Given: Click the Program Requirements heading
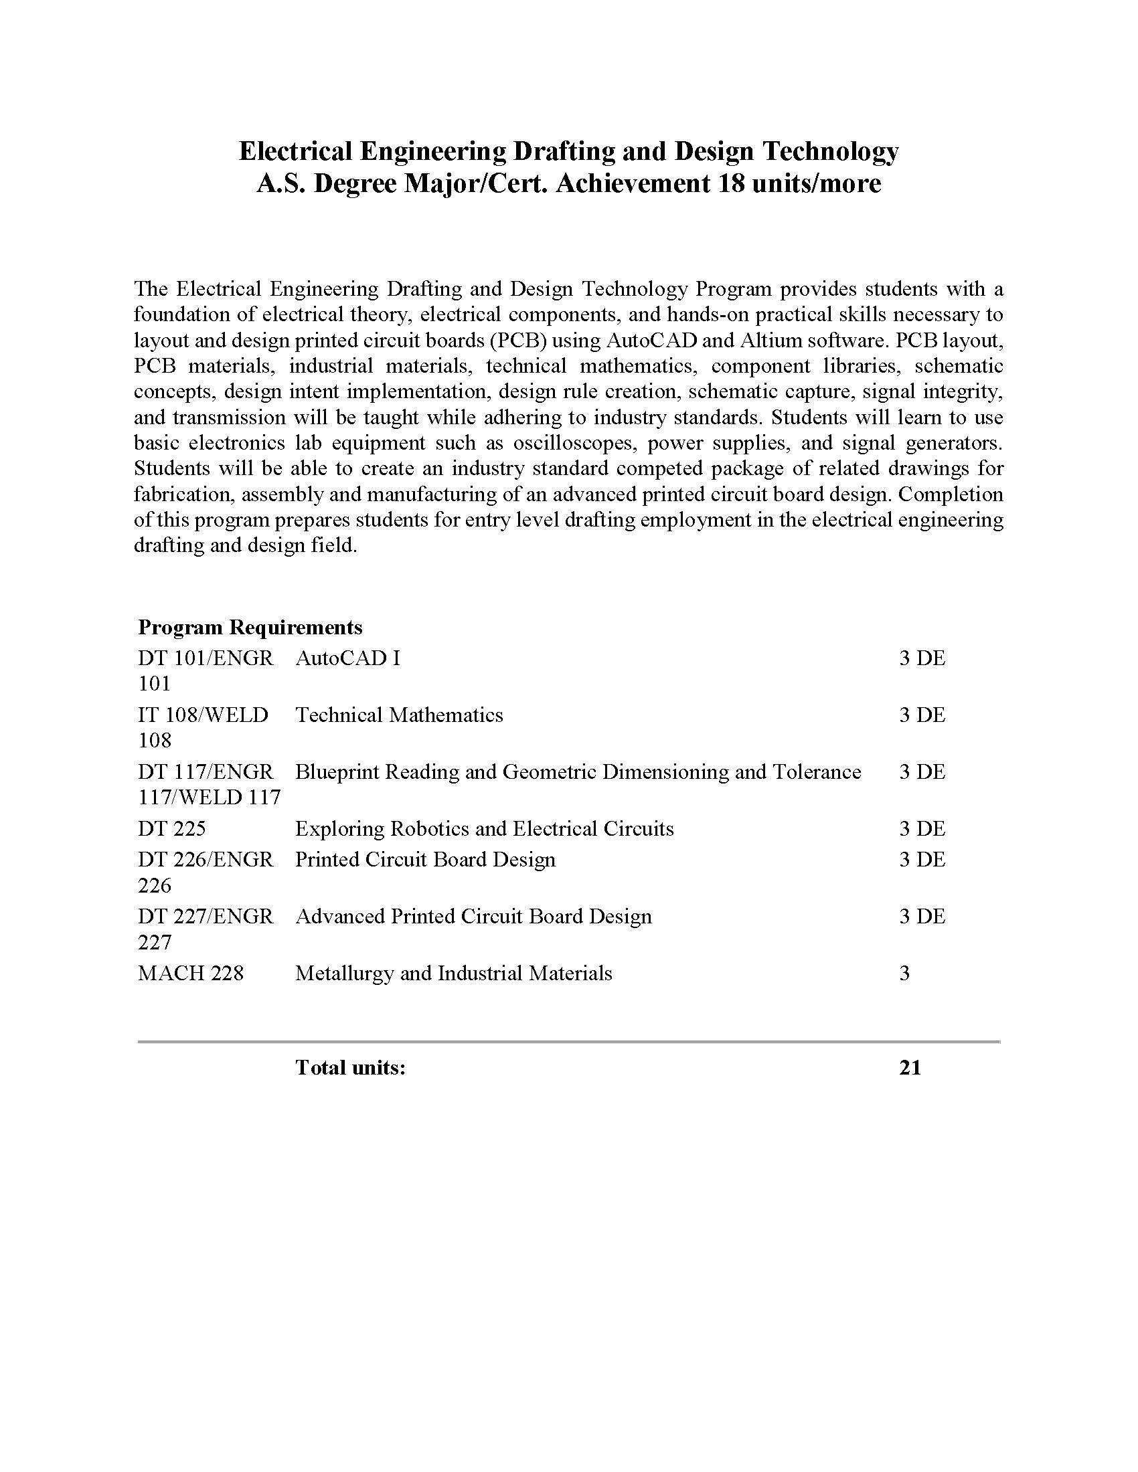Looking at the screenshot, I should click(x=250, y=628).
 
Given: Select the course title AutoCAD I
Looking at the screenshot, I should click(x=348, y=658).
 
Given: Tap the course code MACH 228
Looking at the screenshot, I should click(x=191, y=974).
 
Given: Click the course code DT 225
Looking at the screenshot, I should click(x=171, y=828).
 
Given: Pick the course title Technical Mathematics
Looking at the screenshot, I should click(x=399, y=715).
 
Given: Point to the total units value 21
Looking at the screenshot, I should click(x=910, y=1068).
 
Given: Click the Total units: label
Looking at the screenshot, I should click(x=350, y=1068).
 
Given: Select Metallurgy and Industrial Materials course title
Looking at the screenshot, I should click(x=454, y=974).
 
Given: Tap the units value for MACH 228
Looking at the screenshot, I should click(x=905, y=974).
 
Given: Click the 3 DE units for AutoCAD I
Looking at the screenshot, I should click(x=922, y=658).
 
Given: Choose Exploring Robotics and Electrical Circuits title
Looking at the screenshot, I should click(x=484, y=828).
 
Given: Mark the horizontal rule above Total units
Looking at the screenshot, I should click(x=568, y=1041).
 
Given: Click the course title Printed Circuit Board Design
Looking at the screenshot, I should click(x=425, y=859).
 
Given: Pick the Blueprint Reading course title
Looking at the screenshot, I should click(x=578, y=771).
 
